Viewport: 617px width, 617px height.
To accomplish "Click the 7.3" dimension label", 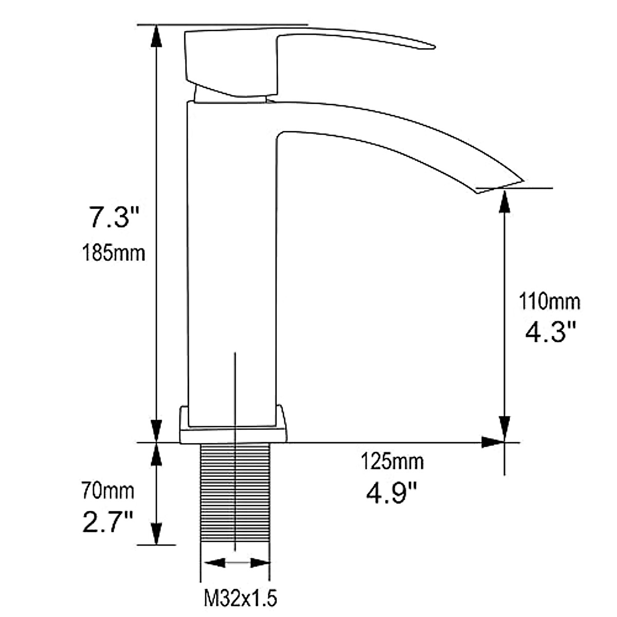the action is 114,217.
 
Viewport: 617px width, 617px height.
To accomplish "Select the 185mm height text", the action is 114,253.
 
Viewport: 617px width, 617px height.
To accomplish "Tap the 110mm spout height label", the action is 550,302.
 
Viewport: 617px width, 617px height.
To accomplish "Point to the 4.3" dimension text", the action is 550,332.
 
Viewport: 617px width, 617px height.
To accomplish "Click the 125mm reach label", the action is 392,461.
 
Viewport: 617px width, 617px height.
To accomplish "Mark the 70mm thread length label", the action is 107,491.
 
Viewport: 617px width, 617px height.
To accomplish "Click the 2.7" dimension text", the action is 107,522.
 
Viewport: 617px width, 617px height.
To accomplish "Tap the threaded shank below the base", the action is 235,493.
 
